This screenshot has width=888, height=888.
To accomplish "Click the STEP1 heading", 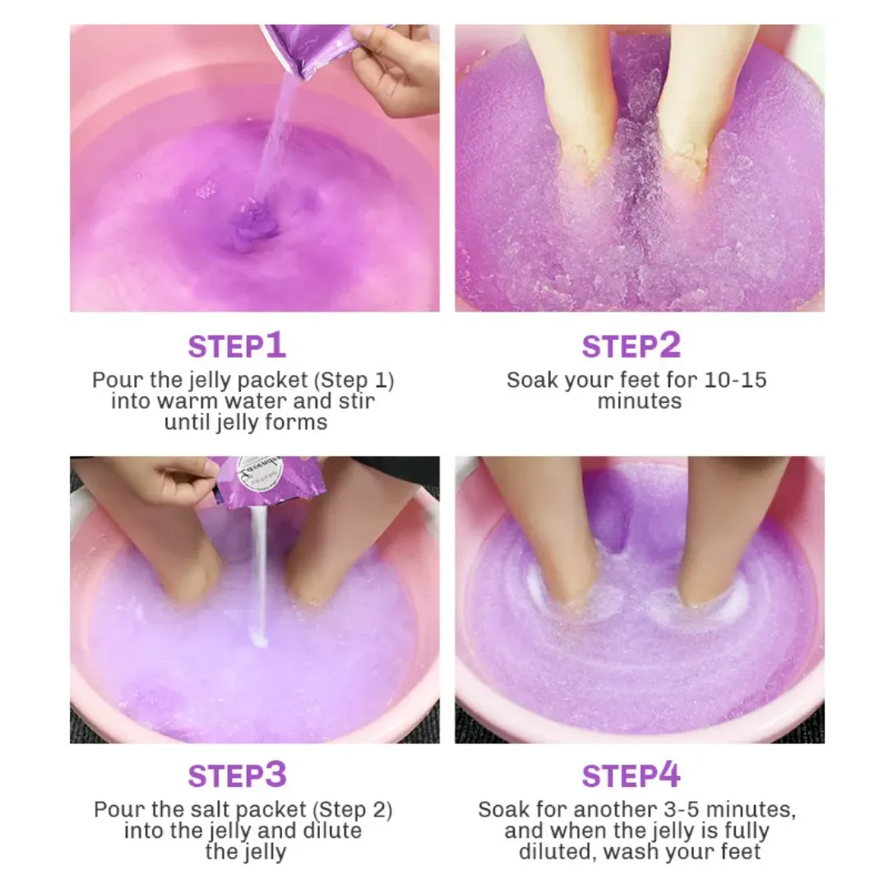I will (x=237, y=346).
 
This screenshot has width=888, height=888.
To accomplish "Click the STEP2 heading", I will (x=631, y=346).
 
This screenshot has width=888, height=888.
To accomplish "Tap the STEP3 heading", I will (x=237, y=775).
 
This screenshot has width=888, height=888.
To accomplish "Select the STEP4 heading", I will (x=631, y=775).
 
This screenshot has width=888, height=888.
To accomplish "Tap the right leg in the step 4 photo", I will (x=724, y=526).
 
